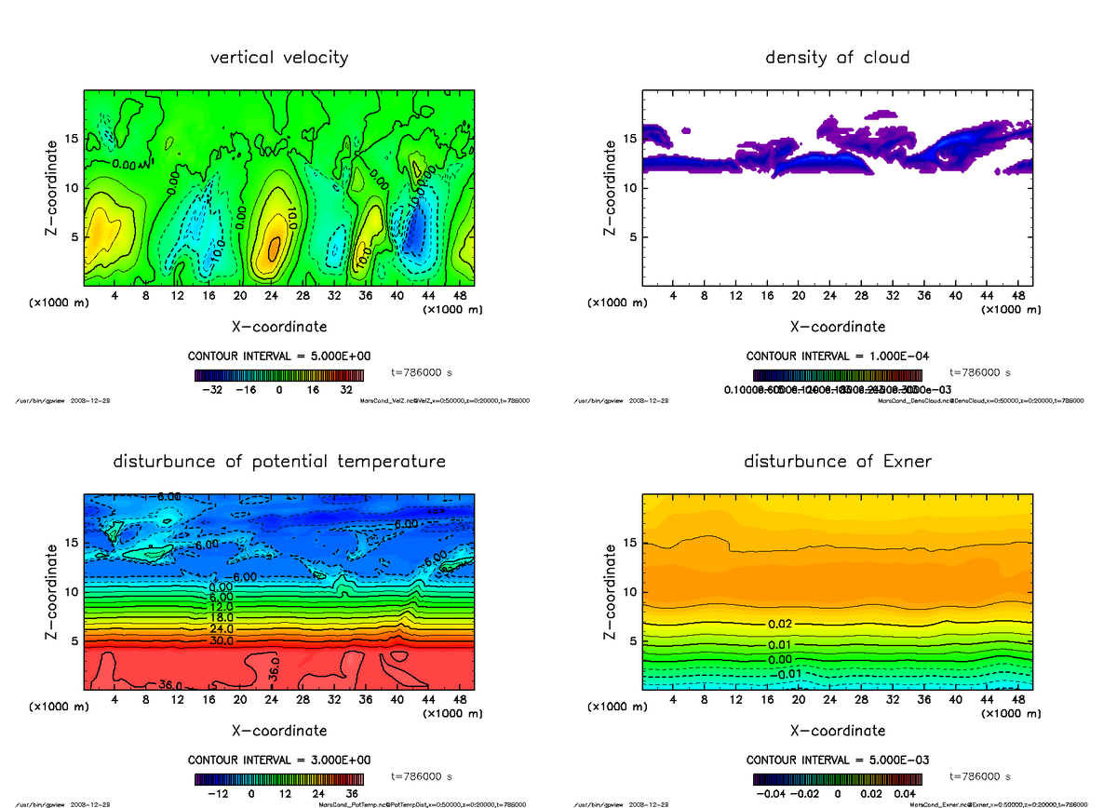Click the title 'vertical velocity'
[x=279, y=58]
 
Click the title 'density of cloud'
[x=837, y=58]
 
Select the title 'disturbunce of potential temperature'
[x=279, y=462]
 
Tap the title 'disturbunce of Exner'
[x=837, y=462]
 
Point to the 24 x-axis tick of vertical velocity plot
[x=271, y=296]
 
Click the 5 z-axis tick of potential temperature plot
[x=73, y=640]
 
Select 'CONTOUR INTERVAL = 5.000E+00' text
[x=278, y=357]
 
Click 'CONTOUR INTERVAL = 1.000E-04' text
[x=837, y=357]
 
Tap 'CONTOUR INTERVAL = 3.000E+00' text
[x=278, y=760]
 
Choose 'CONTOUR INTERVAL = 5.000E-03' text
[x=837, y=760]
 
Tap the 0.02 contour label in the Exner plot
[x=780, y=623]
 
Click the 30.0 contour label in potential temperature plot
[x=221, y=640]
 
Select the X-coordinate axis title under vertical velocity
[x=279, y=327]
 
